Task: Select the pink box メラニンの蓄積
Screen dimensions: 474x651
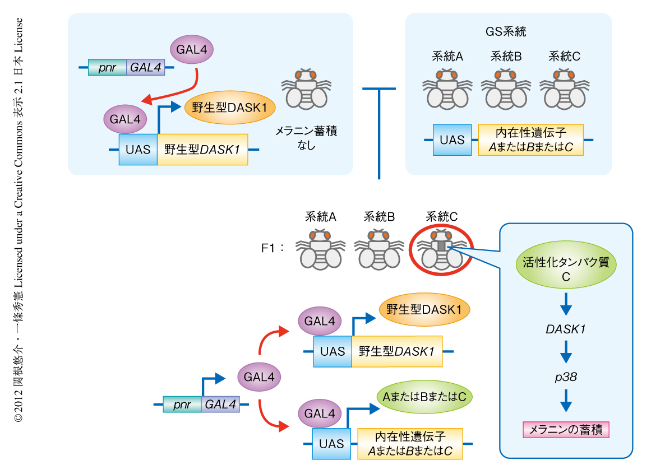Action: click(566, 430)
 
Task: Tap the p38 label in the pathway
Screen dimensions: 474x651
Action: click(566, 378)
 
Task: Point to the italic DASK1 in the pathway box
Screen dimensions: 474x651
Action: click(566, 329)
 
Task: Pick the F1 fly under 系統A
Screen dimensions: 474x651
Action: click(320, 250)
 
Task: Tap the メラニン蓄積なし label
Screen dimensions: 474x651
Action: click(306, 138)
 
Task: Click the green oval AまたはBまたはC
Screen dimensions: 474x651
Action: click(424, 397)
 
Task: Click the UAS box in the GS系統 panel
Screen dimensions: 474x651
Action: click(452, 140)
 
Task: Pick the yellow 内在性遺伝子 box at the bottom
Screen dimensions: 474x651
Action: click(410, 444)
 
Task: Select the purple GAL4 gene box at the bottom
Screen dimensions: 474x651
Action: click(220, 405)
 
